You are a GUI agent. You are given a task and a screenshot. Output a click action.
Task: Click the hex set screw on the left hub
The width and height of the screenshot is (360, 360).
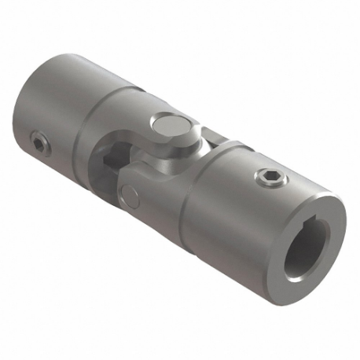(39, 141)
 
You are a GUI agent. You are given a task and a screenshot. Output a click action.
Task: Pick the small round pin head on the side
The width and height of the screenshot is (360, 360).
(130, 193)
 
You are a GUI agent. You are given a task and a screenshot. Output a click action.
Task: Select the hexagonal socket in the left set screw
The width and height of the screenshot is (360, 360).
(39, 141)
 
